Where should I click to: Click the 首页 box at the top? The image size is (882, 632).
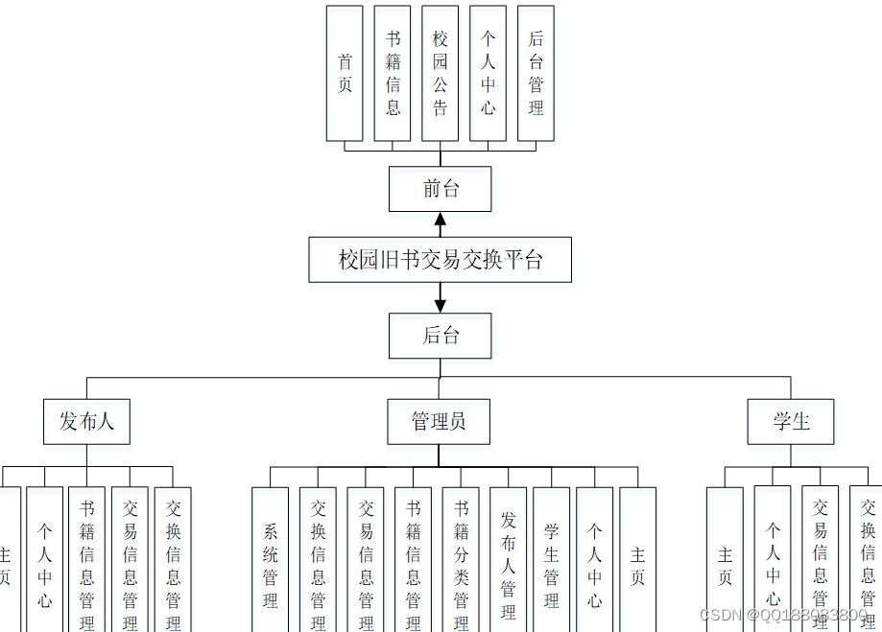(345, 73)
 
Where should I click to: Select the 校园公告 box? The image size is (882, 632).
(441, 73)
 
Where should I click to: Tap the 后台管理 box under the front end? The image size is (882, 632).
(536, 73)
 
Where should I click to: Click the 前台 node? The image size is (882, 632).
(441, 189)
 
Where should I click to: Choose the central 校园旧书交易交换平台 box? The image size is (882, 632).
(441, 260)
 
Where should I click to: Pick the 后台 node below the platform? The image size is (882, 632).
(441, 336)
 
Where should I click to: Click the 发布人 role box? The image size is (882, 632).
(86, 421)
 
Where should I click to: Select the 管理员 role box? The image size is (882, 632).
(439, 421)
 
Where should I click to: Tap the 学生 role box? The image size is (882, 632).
(791, 421)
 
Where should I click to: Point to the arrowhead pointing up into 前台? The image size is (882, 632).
(441, 222)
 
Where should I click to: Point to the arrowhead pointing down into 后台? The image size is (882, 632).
(441, 304)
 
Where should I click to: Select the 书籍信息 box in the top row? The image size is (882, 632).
(393, 73)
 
